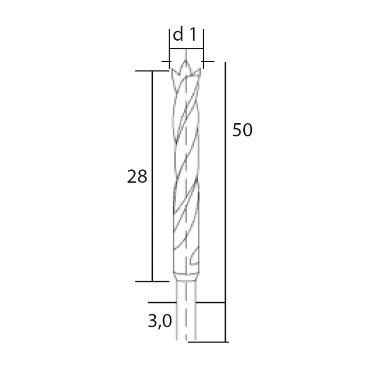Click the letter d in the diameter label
178,35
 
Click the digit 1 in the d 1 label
193,35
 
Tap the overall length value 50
242,130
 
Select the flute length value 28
137,176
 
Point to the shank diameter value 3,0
160,321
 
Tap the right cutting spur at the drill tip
199,71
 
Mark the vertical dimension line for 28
153,176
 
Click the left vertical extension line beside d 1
169,46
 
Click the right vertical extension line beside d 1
204,46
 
